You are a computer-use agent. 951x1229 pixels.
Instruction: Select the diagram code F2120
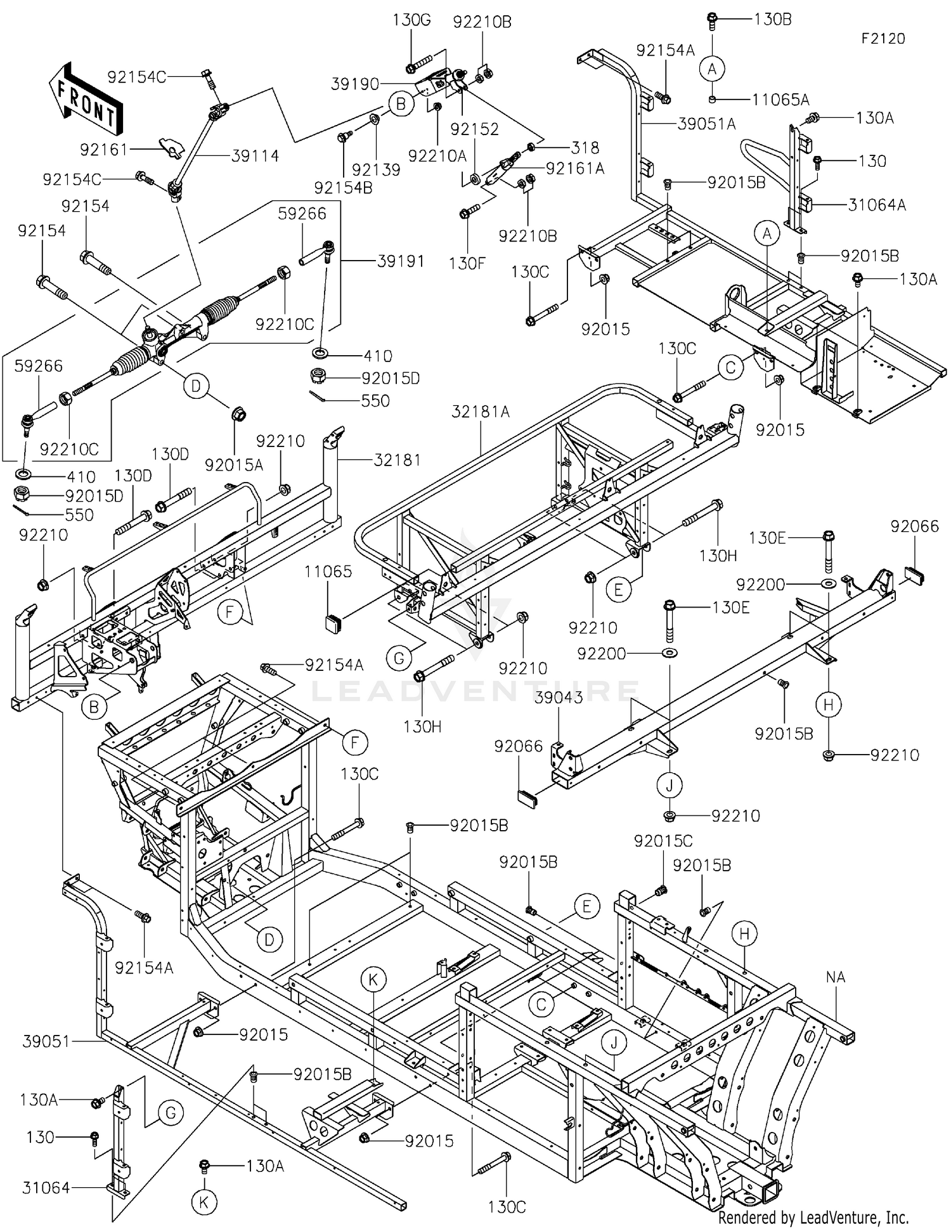883,39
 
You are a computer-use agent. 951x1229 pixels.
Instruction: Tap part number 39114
255,156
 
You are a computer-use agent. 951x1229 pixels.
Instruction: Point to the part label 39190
355,84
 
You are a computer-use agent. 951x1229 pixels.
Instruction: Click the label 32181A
481,412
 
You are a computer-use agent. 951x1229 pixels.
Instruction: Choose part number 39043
558,698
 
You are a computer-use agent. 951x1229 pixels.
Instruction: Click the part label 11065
328,571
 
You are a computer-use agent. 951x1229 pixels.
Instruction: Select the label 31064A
877,205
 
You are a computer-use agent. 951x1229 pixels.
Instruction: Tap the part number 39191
401,261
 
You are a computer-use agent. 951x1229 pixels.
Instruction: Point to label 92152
475,129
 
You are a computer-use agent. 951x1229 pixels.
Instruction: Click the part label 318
585,148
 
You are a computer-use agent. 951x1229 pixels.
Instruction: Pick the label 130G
411,20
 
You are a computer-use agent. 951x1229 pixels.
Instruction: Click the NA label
836,977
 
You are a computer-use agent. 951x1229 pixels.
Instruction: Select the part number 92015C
663,842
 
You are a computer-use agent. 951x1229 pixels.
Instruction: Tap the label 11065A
780,100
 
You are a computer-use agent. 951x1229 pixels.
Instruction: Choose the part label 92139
376,170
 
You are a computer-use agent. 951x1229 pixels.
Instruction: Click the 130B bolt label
772,19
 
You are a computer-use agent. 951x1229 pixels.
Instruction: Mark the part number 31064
46,1188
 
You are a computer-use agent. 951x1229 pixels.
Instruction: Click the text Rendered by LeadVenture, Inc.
813,1217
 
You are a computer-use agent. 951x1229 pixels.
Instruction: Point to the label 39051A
706,124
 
